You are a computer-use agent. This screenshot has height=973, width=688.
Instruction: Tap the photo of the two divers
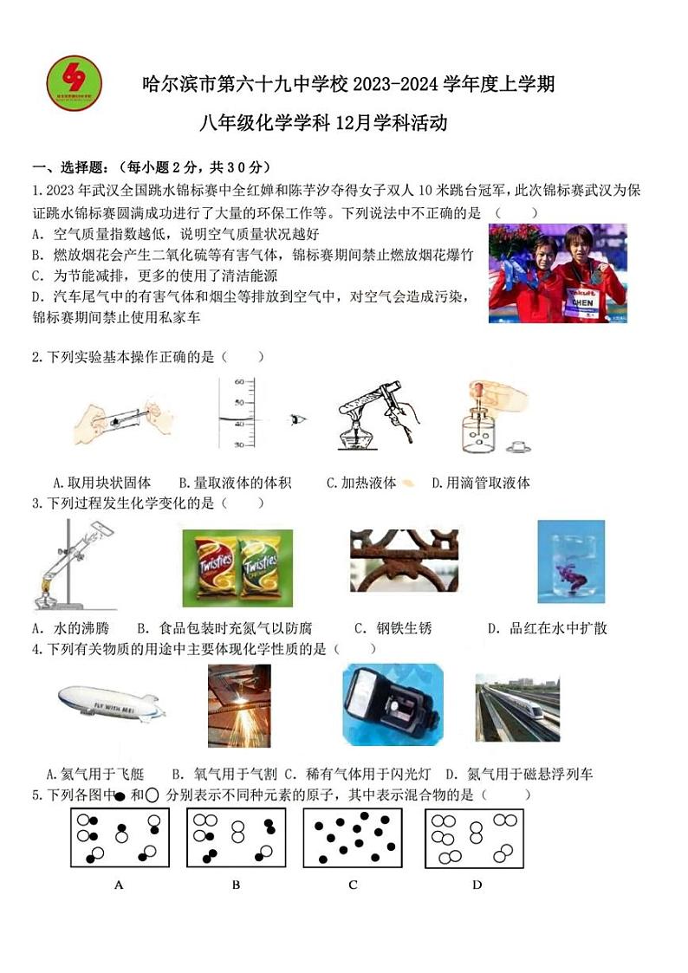(x=556, y=273)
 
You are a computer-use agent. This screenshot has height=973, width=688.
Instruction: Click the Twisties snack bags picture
(x=237, y=564)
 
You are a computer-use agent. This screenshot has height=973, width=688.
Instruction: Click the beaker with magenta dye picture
(x=570, y=561)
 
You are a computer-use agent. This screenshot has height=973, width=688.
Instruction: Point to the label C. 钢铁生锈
(x=393, y=628)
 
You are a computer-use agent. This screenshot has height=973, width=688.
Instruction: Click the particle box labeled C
(x=353, y=839)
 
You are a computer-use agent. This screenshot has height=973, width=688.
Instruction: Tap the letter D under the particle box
(x=477, y=885)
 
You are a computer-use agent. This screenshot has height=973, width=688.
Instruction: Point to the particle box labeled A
(x=119, y=839)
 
